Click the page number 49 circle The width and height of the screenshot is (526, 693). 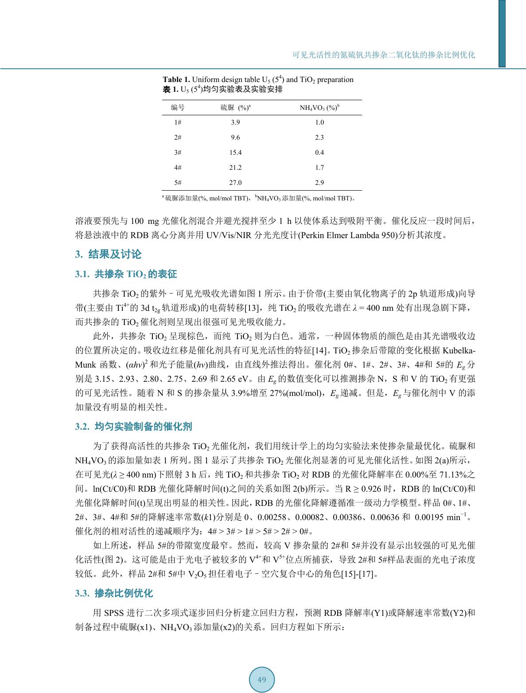click(x=261, y=680)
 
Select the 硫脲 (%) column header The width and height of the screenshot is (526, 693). click(x=236, y=108)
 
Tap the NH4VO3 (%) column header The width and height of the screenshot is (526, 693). click(x=319, y=108)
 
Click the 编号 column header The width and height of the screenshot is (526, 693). click(x=178, y=108)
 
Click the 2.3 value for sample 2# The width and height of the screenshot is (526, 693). click(x=319, y=137)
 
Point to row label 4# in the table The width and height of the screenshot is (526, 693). click(x=178, y=168)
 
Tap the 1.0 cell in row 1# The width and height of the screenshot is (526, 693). click(x=319, y=122)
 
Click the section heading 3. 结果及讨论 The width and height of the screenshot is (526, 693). click(x=109, y=254)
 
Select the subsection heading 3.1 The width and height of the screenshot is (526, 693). click(x=126, y=274)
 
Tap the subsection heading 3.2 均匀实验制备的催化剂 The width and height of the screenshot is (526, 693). click(x=134, y=427)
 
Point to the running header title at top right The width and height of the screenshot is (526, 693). click(x=384, y=55)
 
